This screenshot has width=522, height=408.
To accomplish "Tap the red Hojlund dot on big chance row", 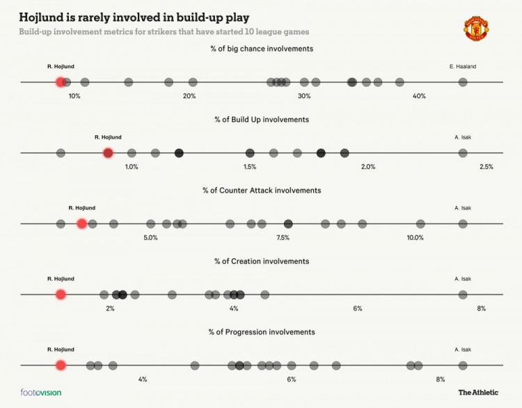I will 61,82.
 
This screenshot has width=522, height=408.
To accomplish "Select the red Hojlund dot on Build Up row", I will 108,152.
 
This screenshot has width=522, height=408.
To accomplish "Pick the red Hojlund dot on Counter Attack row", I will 82,223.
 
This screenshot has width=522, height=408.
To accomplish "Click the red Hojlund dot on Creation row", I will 61,294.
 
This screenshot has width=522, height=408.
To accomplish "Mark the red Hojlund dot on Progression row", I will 61,365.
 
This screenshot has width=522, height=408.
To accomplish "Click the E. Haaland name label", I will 463,67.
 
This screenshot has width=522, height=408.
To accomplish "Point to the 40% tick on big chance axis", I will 419,96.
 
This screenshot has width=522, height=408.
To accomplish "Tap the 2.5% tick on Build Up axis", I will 487,167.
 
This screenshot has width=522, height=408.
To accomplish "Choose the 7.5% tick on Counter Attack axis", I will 283,237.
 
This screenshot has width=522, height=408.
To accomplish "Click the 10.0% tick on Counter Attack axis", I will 416,237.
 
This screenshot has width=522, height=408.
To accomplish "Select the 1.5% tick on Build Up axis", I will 250,167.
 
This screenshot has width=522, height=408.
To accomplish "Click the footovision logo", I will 41,393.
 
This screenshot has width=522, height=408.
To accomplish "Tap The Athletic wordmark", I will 478,393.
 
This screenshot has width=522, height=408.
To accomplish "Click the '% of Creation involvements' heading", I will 262,261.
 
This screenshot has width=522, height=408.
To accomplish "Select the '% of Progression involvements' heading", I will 262,332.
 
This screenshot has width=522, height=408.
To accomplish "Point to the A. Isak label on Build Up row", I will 463,137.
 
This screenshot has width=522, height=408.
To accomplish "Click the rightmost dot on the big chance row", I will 463,82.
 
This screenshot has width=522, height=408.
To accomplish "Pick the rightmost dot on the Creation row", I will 463,294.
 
